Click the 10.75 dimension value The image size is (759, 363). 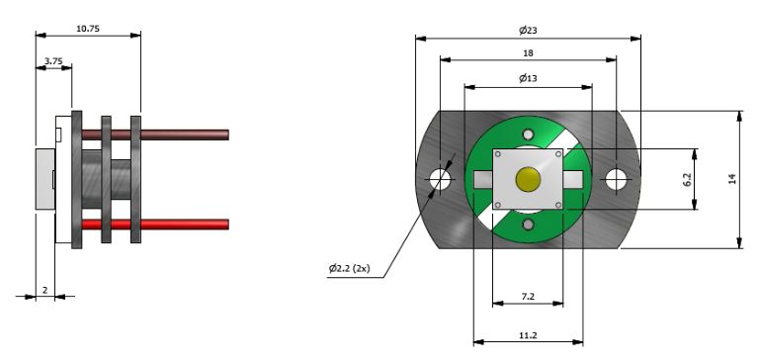click(x=88, y=29)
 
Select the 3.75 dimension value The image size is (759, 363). click(x=53, y=61)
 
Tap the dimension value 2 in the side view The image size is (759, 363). click(x=45, y=291)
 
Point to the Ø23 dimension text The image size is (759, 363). click(x=528, y=31)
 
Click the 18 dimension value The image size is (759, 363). click(x=528, y=52)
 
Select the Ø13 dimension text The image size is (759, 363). click(x=528, y=78)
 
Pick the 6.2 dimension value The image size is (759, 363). click(x=688, y=179)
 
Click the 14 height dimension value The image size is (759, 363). click(x=732, y=179)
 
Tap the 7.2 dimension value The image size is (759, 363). click(x=528, y=297)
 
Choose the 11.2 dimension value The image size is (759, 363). click(x=528, y=335)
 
